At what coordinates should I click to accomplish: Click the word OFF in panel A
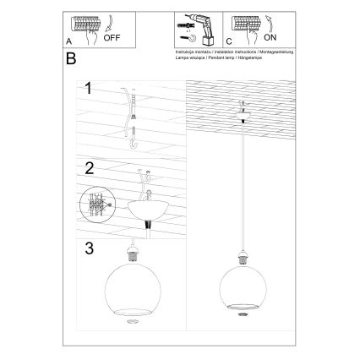113,38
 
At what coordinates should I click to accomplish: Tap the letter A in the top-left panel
68,40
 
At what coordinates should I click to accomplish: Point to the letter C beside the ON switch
229,40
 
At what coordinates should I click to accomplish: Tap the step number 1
87,88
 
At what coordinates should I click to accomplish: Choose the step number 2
87,167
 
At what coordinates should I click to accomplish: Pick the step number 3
87,248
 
